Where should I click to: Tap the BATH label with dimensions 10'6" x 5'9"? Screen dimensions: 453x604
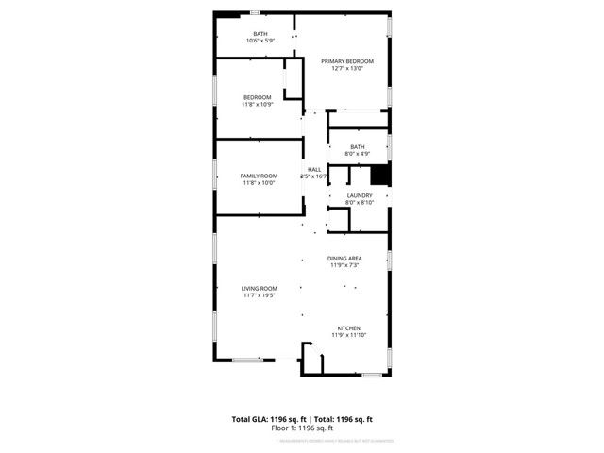[260, 34]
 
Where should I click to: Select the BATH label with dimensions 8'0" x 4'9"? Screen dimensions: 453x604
[358, 146]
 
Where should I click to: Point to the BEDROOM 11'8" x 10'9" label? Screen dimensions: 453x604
[258, 97]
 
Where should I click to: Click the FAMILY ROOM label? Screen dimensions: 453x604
[258, 176]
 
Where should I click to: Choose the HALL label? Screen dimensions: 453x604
[313, 169]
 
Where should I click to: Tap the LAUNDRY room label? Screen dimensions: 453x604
[360, 195]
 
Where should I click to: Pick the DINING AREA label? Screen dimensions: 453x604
[344, 258]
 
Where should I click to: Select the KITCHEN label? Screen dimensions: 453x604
[346, 328]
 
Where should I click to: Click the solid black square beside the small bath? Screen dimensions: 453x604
[379, 175]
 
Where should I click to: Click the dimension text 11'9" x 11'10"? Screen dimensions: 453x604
[346, 335]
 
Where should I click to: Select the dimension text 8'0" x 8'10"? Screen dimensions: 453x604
[360, 202]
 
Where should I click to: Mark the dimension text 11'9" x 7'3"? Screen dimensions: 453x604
[344, 265]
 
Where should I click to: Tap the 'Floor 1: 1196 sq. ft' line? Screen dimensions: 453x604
[303, 428]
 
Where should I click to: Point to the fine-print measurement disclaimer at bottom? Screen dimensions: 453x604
[303, 441]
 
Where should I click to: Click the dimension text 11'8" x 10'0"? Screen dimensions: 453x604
[258, 183]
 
